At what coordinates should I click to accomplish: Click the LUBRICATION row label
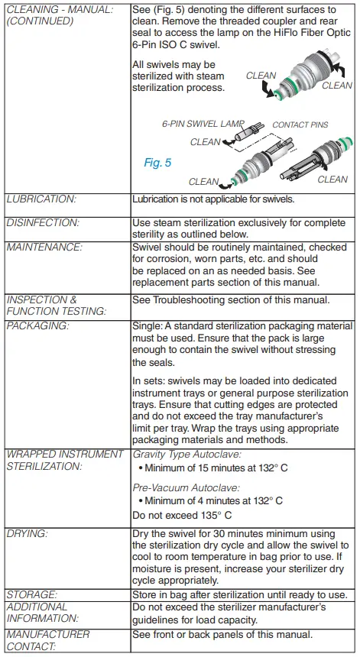[x=41, y=199]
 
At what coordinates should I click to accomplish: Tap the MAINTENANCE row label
[x=44, y=247]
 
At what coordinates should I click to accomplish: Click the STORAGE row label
[x=32, y=594]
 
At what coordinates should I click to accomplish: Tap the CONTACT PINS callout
[x=300, y=125]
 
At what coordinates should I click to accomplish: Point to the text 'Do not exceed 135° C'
[x=182, y=516]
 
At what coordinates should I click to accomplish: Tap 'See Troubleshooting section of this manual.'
[x=232, y=299]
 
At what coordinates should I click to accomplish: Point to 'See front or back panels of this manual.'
[x=222, y=634]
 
